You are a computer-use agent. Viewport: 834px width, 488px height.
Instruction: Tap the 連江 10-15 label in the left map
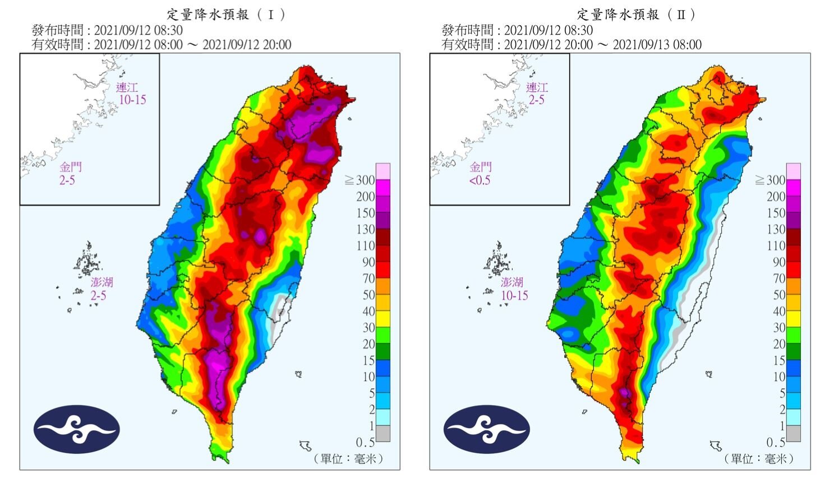point(131,94)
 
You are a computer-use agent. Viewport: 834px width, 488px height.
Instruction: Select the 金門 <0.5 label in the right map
point(480,174)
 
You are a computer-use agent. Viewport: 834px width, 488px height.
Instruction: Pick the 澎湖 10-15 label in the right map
point(514,289)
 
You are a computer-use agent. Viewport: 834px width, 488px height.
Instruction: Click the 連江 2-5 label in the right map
point(537,94)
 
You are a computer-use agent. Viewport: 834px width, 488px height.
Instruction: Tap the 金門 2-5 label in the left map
point(69,174)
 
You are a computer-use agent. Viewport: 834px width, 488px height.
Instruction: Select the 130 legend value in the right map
point(776,230)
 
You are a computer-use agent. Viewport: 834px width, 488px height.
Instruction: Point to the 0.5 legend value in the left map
point(365,443)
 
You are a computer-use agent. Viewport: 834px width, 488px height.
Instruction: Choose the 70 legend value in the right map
point(778,278)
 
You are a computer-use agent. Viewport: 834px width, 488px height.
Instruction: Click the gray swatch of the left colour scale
point(383,434)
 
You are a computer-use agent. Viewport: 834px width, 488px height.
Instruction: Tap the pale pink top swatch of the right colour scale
point(794,171)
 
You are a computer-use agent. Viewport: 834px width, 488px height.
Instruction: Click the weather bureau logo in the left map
point(76,429)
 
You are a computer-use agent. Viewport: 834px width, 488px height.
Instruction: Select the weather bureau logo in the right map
point(486,429)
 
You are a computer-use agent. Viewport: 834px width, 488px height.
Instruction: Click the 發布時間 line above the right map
point(517,30)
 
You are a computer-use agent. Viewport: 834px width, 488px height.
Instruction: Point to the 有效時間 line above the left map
point(162,45)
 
